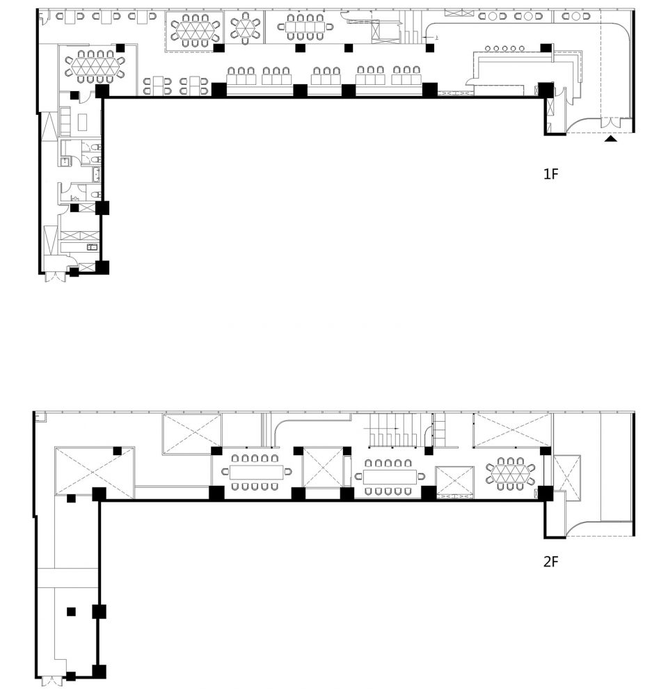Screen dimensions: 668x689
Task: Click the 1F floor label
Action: pyautogui.click(x=550, y=174)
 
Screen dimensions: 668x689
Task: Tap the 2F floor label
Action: pyautogui.click(x=550, y=562)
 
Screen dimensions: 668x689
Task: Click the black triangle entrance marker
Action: pyautogui.click(x=610, y=139)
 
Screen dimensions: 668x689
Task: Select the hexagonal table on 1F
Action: pyautogui.click(x=245, y=27)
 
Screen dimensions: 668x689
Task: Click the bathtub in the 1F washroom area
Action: pyautogui.click(x=96, y=175)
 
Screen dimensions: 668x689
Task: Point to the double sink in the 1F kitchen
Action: pyautogui.click(x=92, y=247)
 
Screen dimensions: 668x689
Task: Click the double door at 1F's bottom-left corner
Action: pyautogui.click(x=56, y=276)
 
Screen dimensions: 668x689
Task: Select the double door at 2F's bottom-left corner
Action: pyautogui.click(x=52, y=681)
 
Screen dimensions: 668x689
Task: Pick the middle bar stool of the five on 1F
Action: pyautogui.click(x=504, y=48)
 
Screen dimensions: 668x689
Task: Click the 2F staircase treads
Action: pyautogui.click(x=392, y=431)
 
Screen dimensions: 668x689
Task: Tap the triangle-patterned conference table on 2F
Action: pyautogui.click(x=510, y=473)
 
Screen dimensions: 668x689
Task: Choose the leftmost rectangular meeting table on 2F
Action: pyautogui.click(x=257, y=472)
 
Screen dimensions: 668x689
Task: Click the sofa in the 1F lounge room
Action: pyautogui.click(x=65, y=121)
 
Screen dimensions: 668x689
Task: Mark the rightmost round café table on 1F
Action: pyautogui.click(x=576, y=16)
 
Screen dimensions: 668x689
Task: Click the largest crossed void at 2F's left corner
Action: pyautogui.click(x=95, y=473)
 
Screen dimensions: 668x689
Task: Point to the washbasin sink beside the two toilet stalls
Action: pyautogui.click(x=65, y=161)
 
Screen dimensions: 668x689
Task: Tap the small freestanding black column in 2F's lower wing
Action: pyautogui.click(x=71, y=611)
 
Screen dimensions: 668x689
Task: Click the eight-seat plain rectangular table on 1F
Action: pyautogui.click(x=305, y=27)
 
